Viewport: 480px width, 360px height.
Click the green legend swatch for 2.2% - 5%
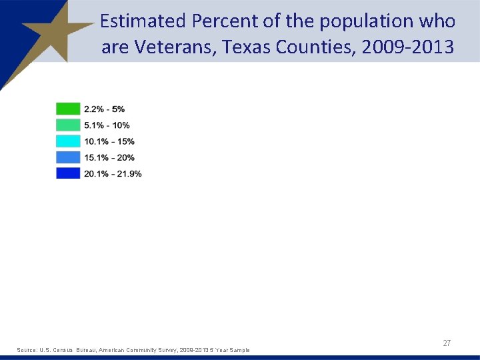click(68, 109)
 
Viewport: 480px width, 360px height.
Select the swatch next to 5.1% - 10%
click(68, 125)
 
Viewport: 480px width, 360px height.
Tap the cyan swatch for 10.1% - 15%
click(68, 141)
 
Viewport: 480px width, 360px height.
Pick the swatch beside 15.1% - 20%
click(68, 157)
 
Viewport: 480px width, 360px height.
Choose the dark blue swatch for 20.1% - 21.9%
click(68, 173)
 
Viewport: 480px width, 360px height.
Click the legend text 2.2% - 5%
click(104, 109)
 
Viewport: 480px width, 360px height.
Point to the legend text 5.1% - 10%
click(107, 125)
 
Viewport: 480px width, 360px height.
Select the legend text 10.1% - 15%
click(109, 141)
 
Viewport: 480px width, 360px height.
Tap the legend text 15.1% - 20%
click(109, 157)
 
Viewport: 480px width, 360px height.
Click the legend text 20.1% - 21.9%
click(113, 173)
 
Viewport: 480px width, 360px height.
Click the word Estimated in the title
click(142, 21)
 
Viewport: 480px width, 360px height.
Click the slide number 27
click(447, 343)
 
